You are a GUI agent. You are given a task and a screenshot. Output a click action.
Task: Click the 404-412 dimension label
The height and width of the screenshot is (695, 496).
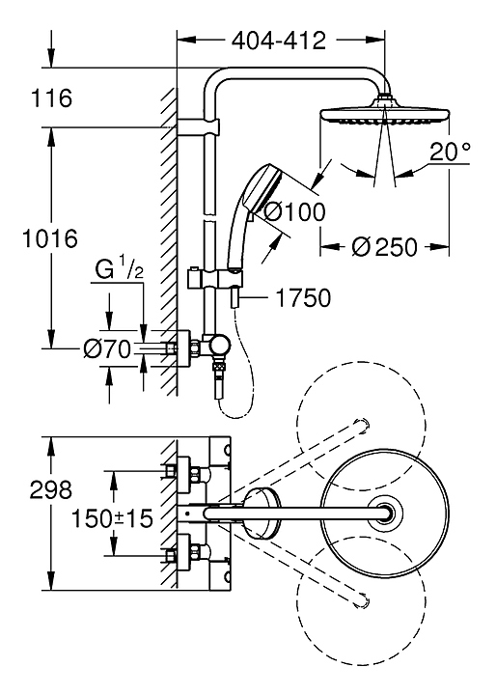coord(279,41)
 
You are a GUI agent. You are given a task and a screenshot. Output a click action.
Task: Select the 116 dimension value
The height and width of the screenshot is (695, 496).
coord(51,97)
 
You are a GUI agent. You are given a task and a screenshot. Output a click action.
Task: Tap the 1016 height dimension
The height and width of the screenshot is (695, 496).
coord(50,239)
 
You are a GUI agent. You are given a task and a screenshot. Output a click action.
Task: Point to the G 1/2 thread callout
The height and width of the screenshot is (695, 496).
coord(120,270)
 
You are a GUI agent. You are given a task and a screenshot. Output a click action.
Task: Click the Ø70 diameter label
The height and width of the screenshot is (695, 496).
coord(108,349)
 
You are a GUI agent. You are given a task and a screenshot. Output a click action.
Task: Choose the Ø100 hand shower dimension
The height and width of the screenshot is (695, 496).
coord(294,211)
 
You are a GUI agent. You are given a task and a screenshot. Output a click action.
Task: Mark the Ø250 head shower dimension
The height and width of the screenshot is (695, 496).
coord(384,247)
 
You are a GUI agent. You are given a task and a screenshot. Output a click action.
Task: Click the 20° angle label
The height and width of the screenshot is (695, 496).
coord(450,152)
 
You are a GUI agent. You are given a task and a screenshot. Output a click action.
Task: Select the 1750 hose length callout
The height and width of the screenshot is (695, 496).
coord(303,297)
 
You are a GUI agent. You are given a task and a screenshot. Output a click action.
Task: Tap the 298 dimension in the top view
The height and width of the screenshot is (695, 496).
coord(51,489)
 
